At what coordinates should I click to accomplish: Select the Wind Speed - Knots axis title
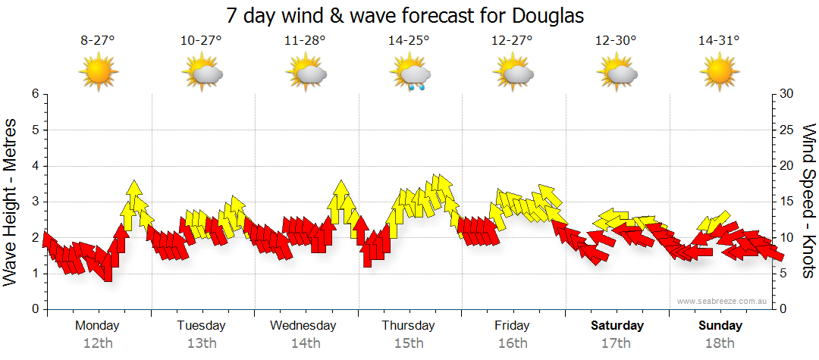pyautogui.click(x=808, y=201)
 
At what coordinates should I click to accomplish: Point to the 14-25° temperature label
pyautogui.click(x=409, y=42)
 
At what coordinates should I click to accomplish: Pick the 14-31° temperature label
pyautogui.click(x=719, y=42)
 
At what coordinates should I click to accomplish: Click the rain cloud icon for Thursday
pyautogui.click(x=410, y=74)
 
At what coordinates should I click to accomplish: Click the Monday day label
pyautogui.click(x=97, y=325)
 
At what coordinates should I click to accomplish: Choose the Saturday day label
pyautogui.click(x=617, y=325)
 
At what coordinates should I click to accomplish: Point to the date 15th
pyautogui.click(x=409, y=343)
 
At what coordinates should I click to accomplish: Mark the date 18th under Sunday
pyautogui.click(x=720, y=343)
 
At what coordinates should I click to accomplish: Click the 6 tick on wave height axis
pyautogui.click(x=35, y=94)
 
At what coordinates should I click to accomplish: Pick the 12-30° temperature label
pyautogui.click(x=616, y=42)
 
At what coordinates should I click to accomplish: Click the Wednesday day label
pyautogui.click(x=303, y=325)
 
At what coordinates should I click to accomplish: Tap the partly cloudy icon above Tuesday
pyautogui.click(x=202, y=74)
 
